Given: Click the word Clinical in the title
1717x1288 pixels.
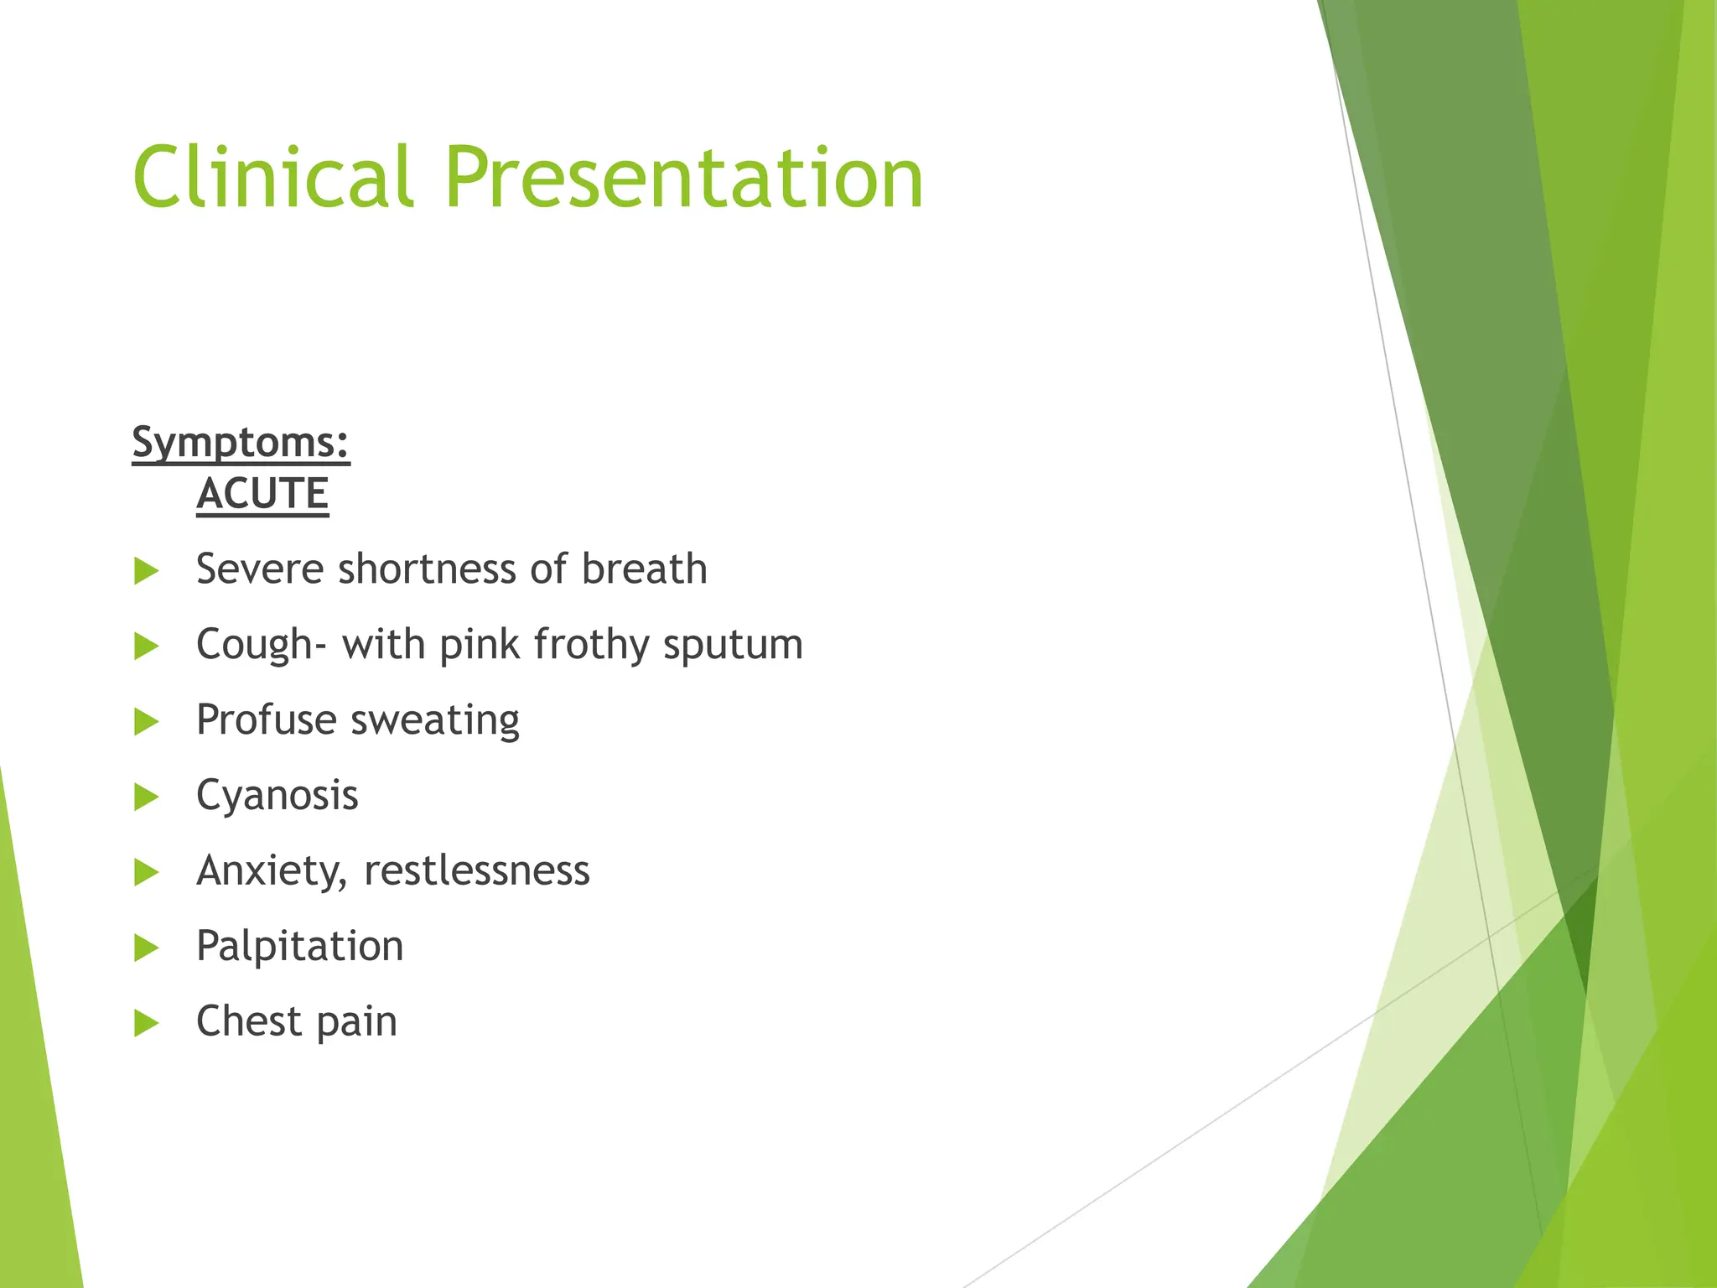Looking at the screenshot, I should pyautogui.click(x=272, y=178).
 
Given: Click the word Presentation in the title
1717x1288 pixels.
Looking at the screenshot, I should pyautogui.click(x=683, y=178).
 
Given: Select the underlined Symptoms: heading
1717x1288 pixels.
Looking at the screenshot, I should pyautogui.click(x=241, y=442).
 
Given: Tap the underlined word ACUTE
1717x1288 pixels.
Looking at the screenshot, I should pyautogui.click(x=262, y=493).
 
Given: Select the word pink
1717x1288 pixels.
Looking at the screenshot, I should pyautogui.click(x=480, y=646).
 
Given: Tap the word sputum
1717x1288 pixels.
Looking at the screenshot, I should pyautogui.click(x=732, y=646).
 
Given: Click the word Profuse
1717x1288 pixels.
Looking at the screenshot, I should pyautogui.click(x=266, y=720).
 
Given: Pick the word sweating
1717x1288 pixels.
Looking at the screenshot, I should pyautogui.click(x=435, y=721).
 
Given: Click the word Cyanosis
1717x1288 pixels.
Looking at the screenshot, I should pyautogui.click(x=277, y=796).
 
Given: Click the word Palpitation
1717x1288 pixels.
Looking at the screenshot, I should pyautogui.click(x=299, y=947).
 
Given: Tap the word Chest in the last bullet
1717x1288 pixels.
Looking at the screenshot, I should pyautogui.click(x=248, y=1021).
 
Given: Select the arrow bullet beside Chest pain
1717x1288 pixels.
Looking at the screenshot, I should pyautogui.click(x=146, y=1023).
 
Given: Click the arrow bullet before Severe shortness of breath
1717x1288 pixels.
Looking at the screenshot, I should pyautogui.click(x=146, y=572).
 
